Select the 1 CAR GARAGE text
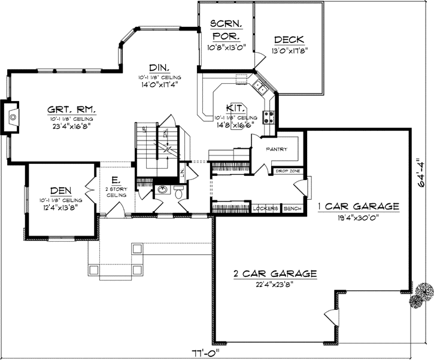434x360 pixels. coord(358,206)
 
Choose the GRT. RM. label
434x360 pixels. coord(72,109)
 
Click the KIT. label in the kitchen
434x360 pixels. coord(235,108)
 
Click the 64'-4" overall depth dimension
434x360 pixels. coord(423,174)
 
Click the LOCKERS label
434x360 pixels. coord(266,208)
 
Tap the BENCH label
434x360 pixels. coord(292,208)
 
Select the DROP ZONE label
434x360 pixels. coord(287,171)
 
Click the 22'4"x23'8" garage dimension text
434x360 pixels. coord(275,285)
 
